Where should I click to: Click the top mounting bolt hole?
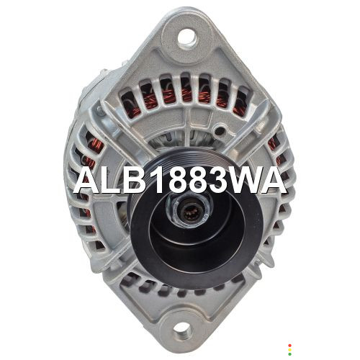(x=187, y=38)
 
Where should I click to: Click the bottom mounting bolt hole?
(x=183, y=331)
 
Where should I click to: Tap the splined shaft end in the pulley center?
(x=189, y=212)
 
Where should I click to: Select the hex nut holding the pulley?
(x=189, y=210)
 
